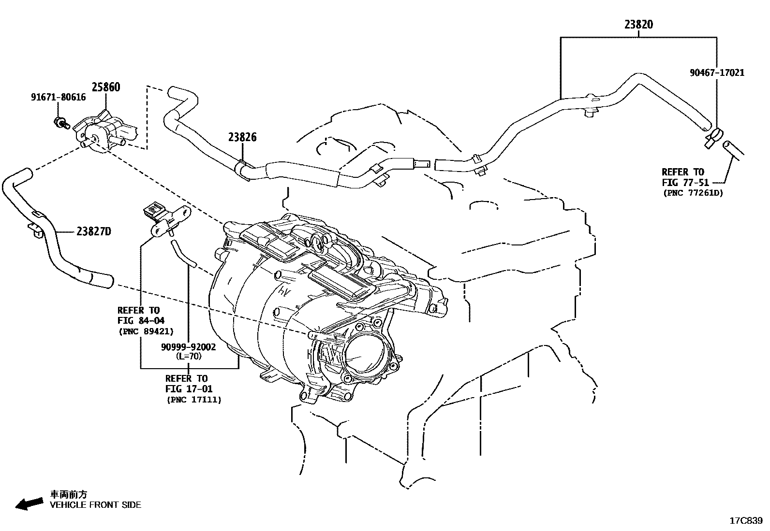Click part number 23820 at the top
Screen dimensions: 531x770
point(638,24)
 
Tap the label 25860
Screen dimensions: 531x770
point(106,87)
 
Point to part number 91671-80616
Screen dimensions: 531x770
point(58,97)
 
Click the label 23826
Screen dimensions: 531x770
point(242,137)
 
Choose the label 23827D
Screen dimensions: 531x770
point(93,232)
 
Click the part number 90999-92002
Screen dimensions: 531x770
point(189,347)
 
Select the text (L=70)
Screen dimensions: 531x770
point(189,357)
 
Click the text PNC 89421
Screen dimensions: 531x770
point(146,331)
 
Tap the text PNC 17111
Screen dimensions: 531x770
point(194,400)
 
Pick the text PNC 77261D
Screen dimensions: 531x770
point(692,193)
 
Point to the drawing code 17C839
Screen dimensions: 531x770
point(746,521)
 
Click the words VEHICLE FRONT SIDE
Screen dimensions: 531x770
point(96,505)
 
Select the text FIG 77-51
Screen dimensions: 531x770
point(683,183)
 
